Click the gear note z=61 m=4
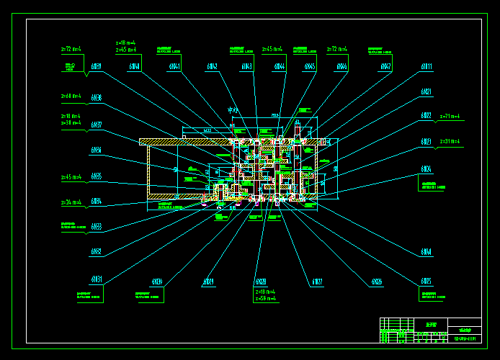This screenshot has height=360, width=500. [x=71, y=96]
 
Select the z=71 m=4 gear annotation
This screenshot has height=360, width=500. [x=450, y=116]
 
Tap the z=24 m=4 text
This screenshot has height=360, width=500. [x=71, y=203]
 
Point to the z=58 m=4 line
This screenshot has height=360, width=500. [x=266, y=298]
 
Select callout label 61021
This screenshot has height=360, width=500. [x=427, y=92]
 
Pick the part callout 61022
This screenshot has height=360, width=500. [x=427, y=115]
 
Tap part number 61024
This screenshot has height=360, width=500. [x=427, y=169]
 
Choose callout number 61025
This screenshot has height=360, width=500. [x=427, y=281]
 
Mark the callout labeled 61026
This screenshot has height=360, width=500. [x=377, y=282]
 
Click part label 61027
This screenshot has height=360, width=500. [x=317, y=282]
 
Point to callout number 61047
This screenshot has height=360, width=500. [x=385, y=67]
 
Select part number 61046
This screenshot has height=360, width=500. [x=341, y=67]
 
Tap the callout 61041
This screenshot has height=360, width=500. [x=174, y=67]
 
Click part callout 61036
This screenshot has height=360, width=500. [x=96, y=98]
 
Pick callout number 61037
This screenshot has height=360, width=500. [x=96, y=125]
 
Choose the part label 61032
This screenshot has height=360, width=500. [x=96, y=252]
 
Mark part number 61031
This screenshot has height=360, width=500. [x=96, y=279]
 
